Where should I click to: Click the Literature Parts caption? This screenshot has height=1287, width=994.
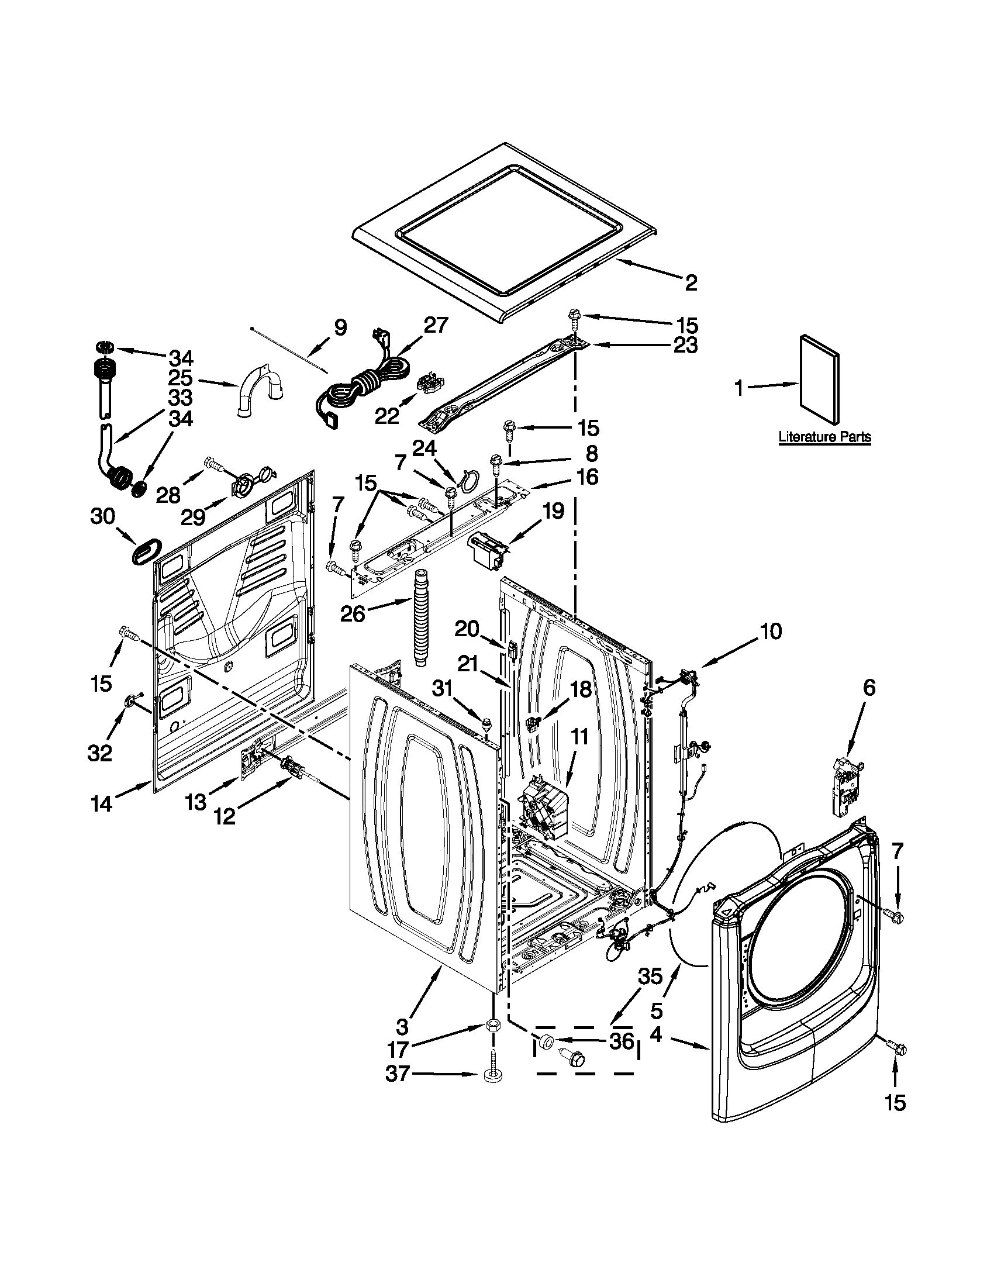coord(824,437)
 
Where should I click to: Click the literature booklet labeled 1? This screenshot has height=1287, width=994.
coord(819,379)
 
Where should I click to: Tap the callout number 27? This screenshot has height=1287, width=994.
coord(436,325)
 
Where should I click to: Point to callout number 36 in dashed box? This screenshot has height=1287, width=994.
coord(622,1041)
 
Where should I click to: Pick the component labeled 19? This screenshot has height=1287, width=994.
coord(486,551)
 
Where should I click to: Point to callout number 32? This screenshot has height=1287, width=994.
coord(99,753)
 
